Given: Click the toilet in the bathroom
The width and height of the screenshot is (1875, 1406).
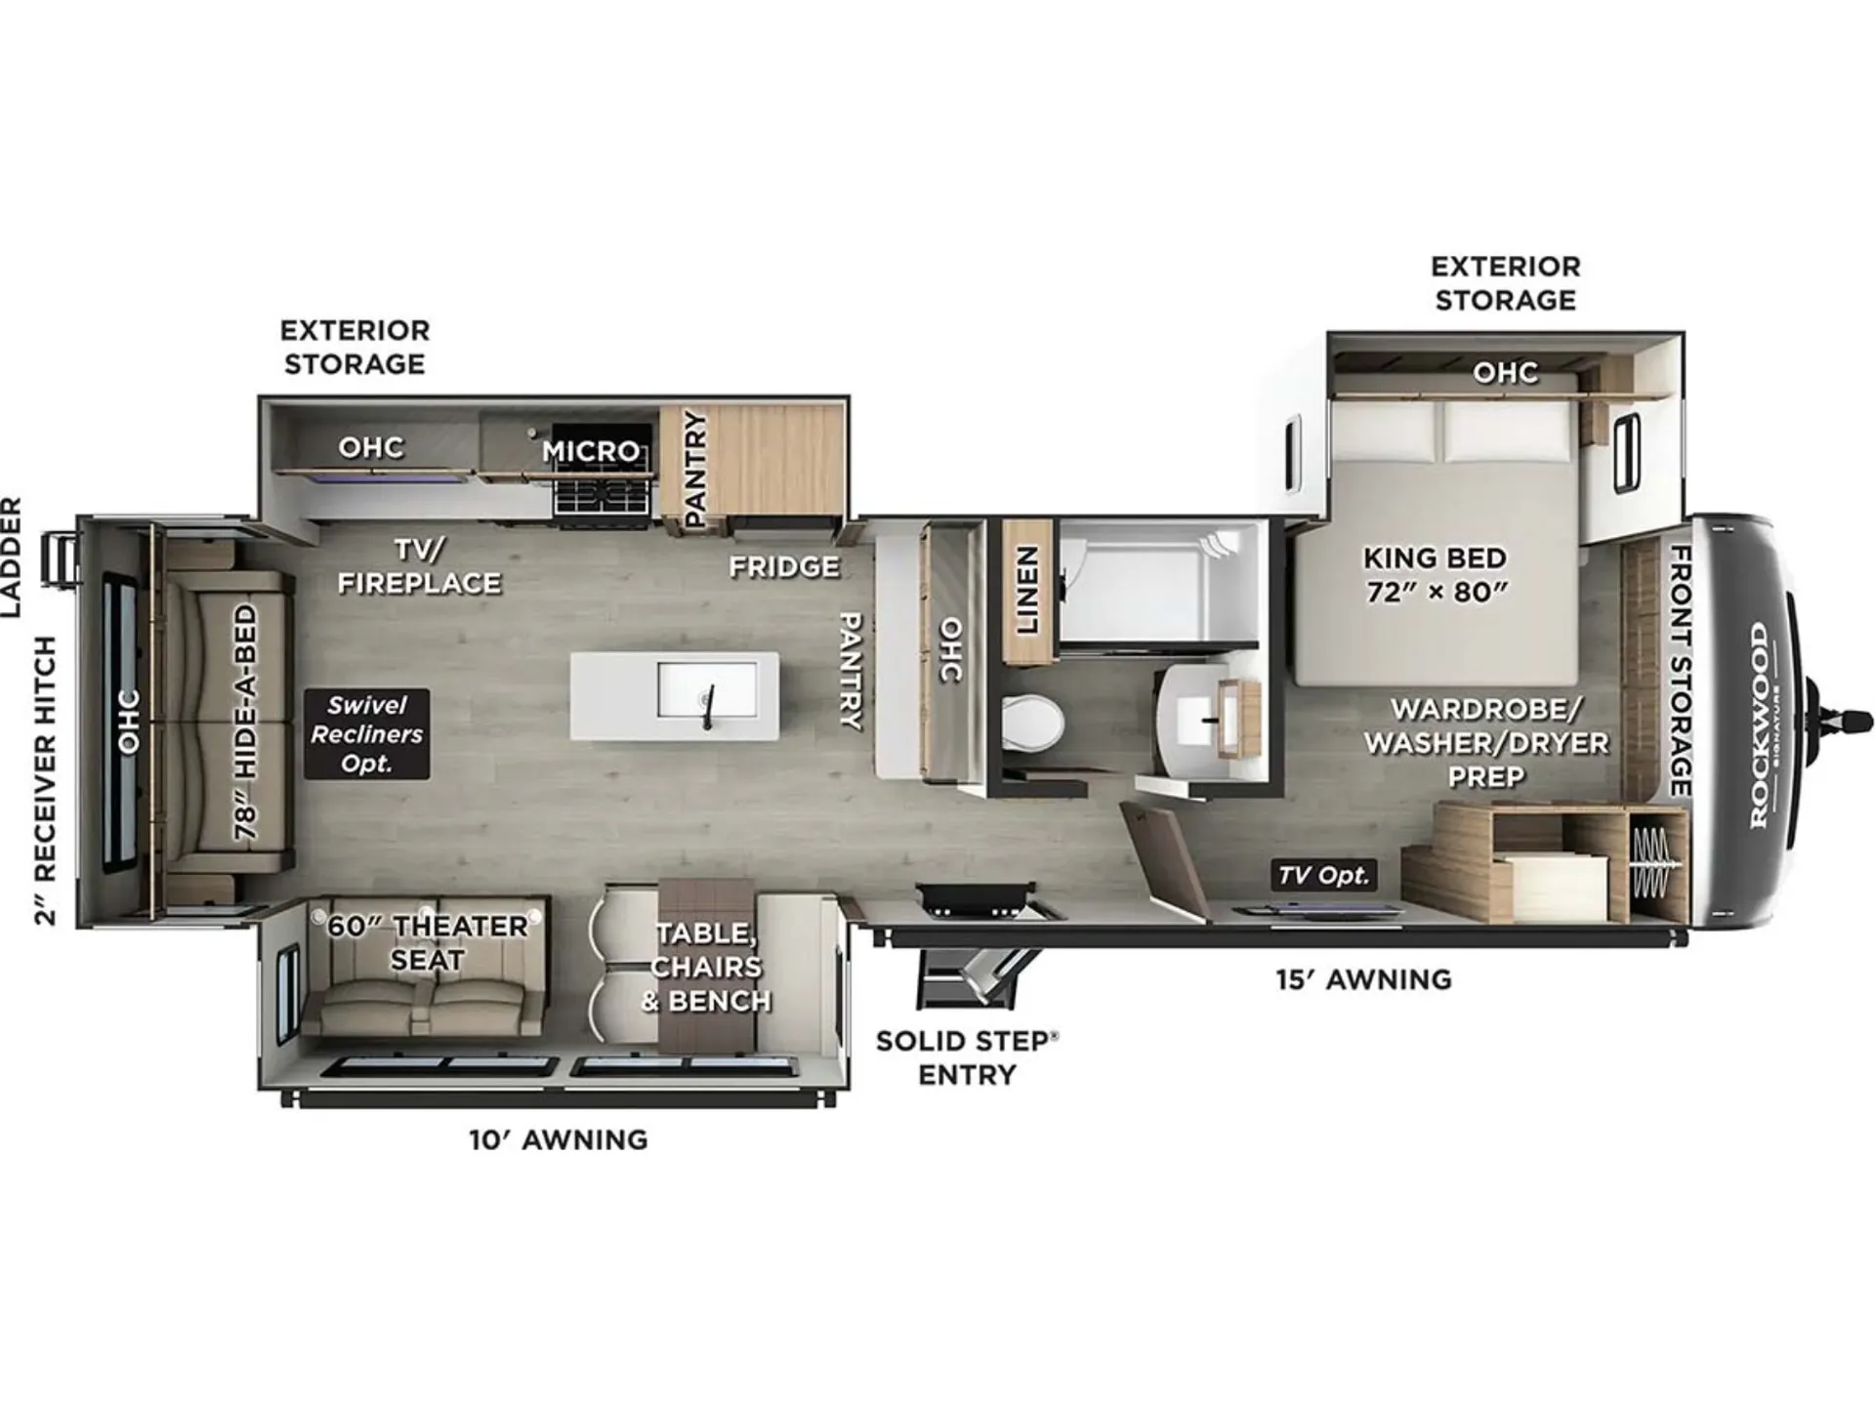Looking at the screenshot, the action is (x=1031, y=724).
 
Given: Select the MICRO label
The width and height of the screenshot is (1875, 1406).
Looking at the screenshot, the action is (x=592, y=451).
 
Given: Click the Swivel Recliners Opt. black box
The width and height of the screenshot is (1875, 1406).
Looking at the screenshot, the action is (x=367, y=734).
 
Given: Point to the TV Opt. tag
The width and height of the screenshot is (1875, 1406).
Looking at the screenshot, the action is (x=1324, y=875).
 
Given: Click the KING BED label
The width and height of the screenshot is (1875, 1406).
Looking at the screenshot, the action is (x=1435, y=558).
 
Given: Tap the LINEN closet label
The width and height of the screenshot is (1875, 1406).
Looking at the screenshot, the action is (x=1027, y=590).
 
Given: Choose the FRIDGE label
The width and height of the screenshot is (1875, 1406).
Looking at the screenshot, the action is (x=784, y=566).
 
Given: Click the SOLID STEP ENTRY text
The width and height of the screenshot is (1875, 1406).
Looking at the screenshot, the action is (x=967, y=1057).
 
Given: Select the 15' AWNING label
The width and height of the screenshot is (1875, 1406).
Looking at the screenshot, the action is (x=1363, y=978).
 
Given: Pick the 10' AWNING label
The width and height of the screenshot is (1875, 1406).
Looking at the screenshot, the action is (x=558, y=1139).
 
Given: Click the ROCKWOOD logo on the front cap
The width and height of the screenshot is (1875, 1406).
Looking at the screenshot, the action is (x=1759, y=725).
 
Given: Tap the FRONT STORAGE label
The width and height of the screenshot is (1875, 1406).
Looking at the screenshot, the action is (x=1680, y=671).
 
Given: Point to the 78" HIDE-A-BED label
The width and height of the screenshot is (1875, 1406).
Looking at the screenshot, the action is (x=246, y=723).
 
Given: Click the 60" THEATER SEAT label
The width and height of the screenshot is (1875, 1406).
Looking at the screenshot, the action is (x=427, y=942).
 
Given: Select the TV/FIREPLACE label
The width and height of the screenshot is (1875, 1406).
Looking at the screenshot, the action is (x=419, y=566).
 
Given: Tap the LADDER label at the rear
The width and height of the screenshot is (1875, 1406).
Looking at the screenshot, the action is (x=11, y=557).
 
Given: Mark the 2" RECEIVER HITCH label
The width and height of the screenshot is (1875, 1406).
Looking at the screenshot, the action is (x=46, y=780).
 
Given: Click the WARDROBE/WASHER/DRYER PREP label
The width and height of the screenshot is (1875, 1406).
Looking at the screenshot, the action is (x=1486, y=742).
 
